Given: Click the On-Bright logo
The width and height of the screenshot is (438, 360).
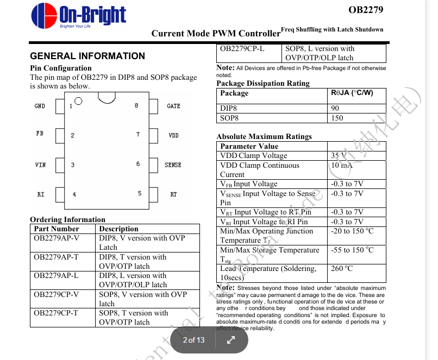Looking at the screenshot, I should point(78,16).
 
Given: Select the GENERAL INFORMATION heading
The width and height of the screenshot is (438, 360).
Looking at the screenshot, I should point(87,56).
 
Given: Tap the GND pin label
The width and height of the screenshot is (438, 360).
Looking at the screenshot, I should point(40,106).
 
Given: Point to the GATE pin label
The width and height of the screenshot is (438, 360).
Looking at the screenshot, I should point(173,106).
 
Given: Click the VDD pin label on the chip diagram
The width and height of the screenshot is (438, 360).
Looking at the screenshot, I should point(173,135).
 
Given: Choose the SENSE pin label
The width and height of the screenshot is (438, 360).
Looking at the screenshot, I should point(173,165).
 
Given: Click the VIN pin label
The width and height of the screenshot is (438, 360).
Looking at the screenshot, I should point(40,165).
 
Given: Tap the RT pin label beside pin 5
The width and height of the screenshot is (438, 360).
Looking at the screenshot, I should point(173,194).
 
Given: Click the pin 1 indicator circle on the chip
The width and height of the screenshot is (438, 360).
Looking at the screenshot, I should point(78,101).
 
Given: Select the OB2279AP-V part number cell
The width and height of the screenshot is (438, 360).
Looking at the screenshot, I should point(57,238).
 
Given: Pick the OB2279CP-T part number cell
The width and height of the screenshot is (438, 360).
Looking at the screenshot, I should point(56,313).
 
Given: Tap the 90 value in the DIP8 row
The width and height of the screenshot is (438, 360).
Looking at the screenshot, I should point(335,108).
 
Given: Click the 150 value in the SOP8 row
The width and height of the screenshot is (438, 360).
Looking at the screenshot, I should point(337,118).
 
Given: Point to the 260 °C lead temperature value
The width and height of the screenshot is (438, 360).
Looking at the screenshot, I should point(342,268).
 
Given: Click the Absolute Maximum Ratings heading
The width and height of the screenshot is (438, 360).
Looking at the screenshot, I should point(264,136).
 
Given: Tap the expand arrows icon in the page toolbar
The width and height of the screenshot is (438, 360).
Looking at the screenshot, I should point(230,340).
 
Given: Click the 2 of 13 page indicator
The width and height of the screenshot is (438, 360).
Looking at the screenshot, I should point(193,340).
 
